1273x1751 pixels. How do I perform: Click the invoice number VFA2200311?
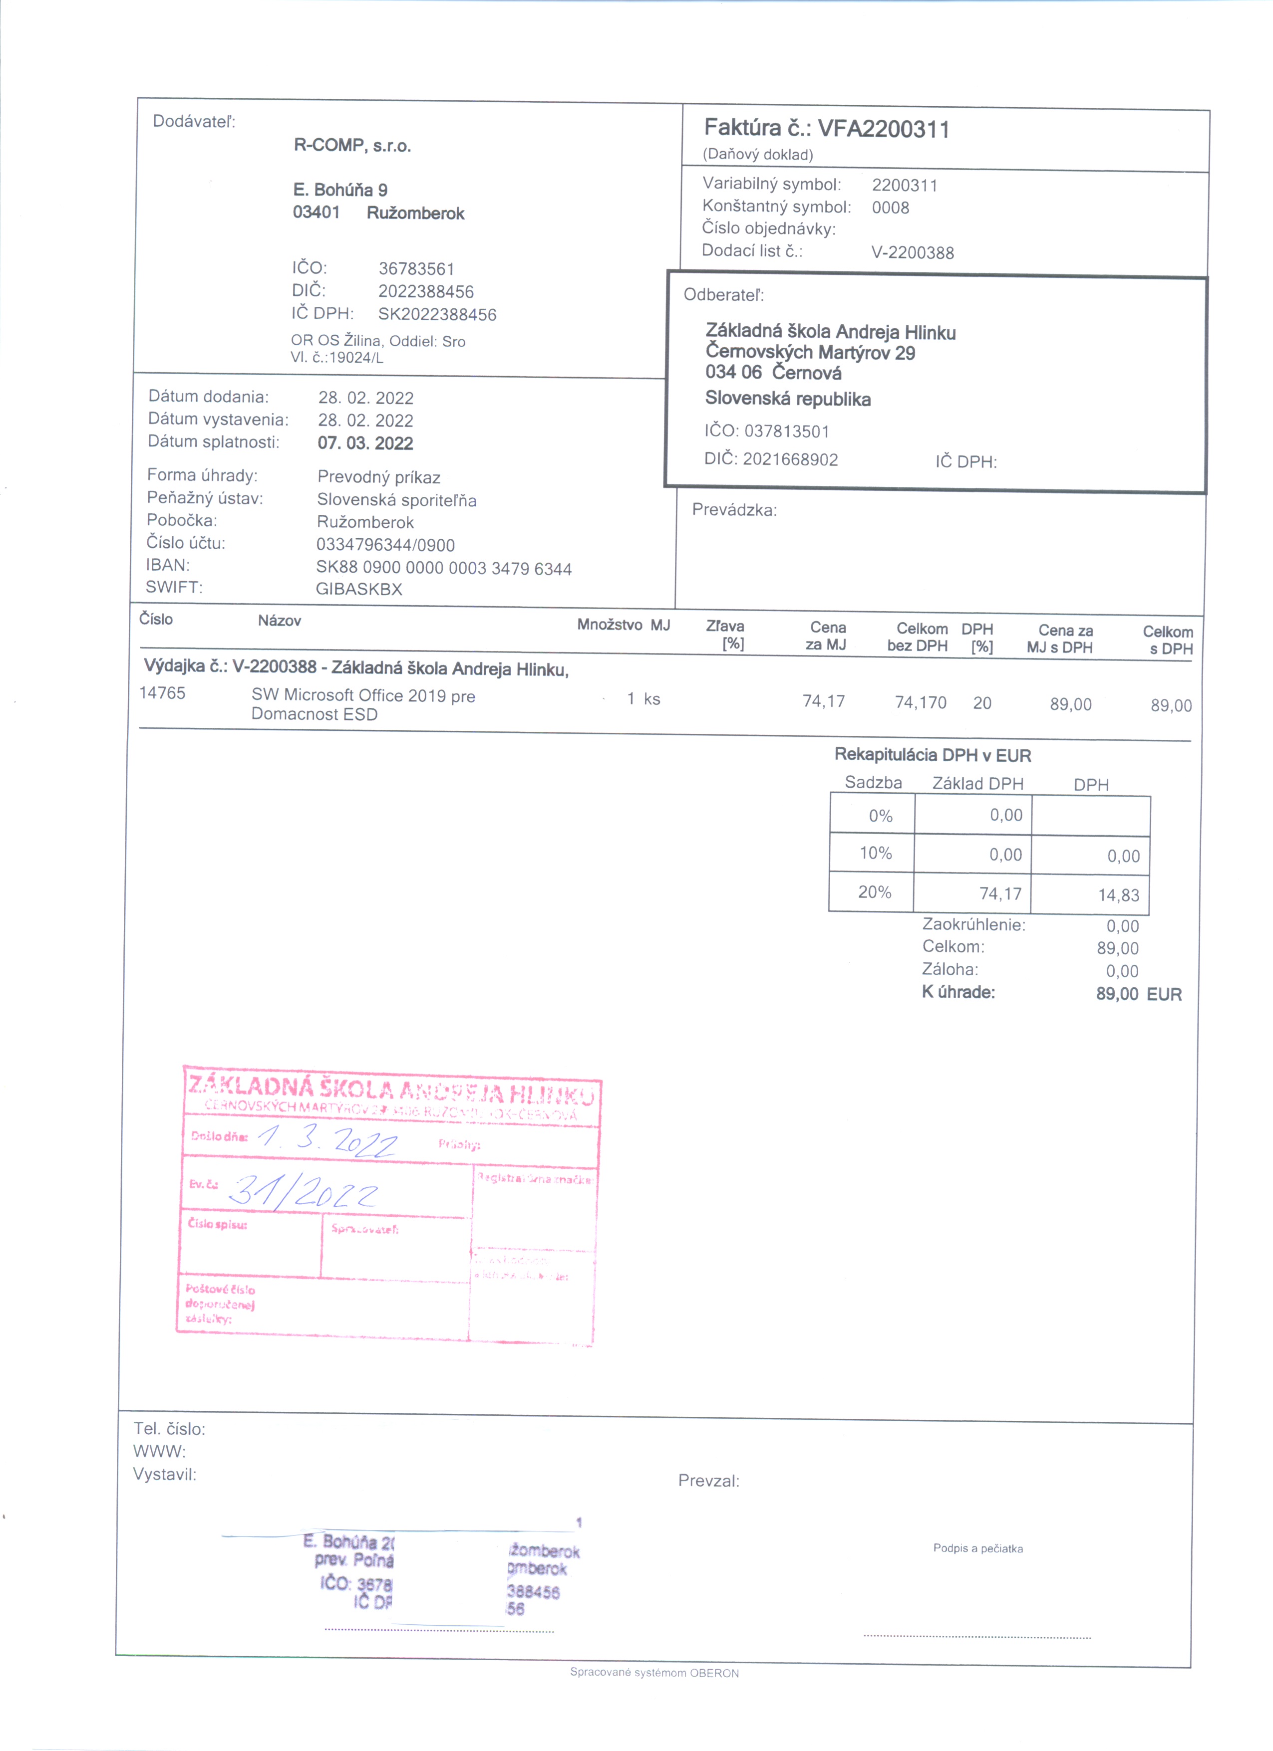tap(883, 129)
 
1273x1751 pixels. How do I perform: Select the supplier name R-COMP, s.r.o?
tap(352, 146)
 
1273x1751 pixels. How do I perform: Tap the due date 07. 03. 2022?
tap(365, 443)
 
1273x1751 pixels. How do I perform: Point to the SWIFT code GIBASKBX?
tap(359, 589)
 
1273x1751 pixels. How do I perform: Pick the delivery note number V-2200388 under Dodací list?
tap(912, 252)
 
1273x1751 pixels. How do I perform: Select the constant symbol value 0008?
tap(891, 208)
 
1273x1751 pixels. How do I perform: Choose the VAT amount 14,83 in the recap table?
tap(1119, 895)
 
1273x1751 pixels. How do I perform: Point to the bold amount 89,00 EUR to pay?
tap(1138, 994)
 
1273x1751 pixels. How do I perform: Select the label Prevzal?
tap(708, 1481)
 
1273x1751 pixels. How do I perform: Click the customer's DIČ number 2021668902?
tap(790, 460)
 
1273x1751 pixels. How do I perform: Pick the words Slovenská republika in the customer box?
tap(788, 399)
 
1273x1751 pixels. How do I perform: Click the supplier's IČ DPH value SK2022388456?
tap(437, 315)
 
